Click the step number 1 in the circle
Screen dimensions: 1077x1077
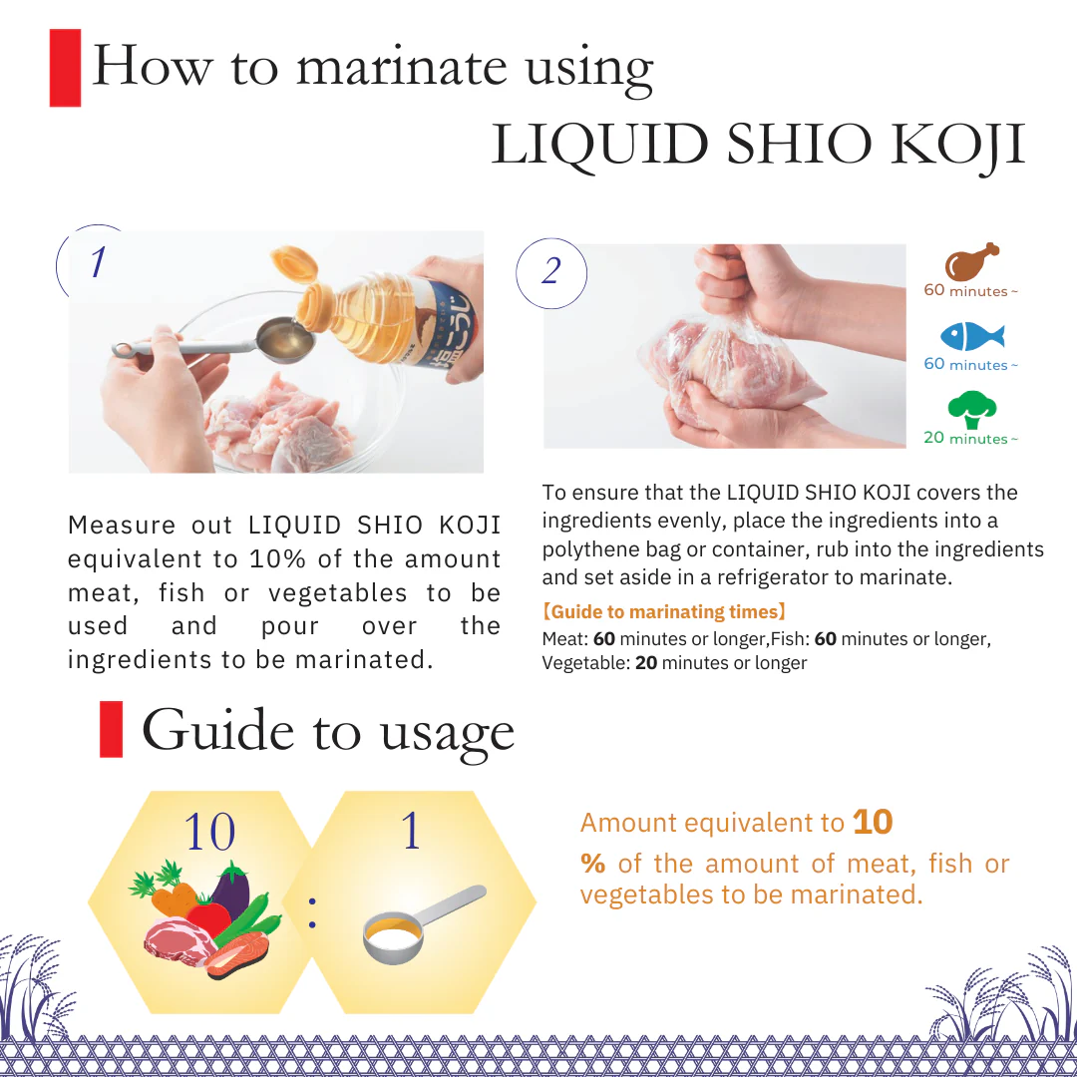pos(99,262)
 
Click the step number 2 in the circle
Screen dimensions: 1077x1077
pos(550,270)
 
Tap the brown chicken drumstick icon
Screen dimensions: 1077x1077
pos(971,261)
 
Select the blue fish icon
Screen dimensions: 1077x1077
pos(972,336)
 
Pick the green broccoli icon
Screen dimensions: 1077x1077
pos(972,410)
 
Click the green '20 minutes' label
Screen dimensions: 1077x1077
pos(970,438)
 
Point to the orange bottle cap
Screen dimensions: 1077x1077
pos(294,263)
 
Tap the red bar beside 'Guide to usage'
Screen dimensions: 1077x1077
pos(112,729)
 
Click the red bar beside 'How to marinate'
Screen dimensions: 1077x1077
pos(65,68)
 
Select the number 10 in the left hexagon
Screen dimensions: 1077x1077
pos(209,831)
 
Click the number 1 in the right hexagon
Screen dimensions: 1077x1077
pos(411,830)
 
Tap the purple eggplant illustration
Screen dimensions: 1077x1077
pos(232,891)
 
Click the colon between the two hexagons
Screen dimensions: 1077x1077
pos(312,912)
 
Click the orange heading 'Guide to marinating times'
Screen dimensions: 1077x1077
pos(663,611)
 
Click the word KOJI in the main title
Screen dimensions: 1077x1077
pos(957,145)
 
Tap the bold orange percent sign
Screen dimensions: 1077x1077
pos(592,864)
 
